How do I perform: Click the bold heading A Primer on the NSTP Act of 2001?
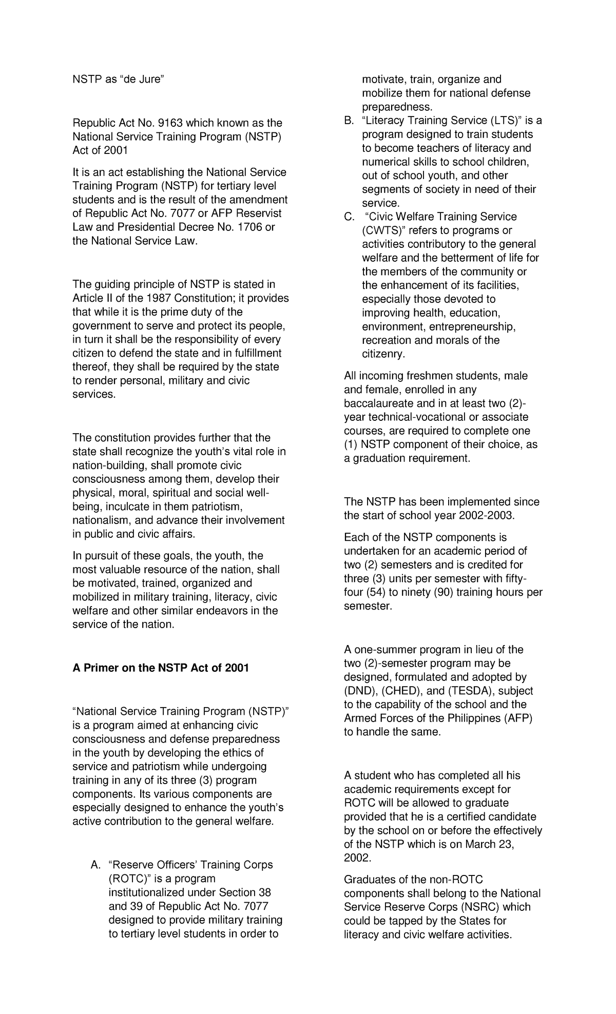click(x=160, y=668)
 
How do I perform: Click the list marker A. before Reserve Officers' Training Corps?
click(x=96, y=865)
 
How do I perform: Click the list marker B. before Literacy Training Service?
click(x=349, y=121)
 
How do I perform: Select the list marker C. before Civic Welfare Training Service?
click(x=349, y=217)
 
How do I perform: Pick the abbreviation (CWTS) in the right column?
click(x=380, y=230)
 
